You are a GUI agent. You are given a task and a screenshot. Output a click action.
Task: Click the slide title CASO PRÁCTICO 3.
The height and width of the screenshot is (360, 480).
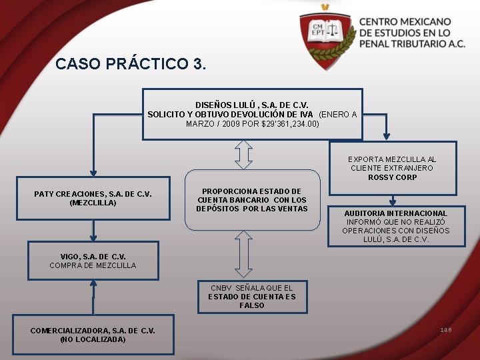[131, 64]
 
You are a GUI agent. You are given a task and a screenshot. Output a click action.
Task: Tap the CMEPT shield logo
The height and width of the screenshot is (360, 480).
[325, 33]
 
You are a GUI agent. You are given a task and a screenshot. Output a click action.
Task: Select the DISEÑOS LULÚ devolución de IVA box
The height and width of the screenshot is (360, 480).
[252, 114]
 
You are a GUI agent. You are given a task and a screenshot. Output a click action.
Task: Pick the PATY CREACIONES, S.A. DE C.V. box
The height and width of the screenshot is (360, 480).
[93, 198]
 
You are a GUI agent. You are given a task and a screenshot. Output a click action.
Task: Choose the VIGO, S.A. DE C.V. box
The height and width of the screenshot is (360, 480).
[93, 261]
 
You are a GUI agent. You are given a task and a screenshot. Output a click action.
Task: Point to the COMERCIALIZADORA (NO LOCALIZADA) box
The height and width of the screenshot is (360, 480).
[93, 335]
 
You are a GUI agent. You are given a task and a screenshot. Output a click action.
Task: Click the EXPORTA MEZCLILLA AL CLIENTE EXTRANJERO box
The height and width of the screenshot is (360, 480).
[393, 168]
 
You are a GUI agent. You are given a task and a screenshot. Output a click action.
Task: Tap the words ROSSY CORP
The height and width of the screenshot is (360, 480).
[393, 177]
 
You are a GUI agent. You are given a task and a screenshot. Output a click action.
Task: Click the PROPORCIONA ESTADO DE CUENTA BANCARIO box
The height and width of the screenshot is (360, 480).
[252, 200]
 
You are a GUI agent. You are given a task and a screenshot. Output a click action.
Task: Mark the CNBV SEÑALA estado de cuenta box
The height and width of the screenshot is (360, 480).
[251, 297]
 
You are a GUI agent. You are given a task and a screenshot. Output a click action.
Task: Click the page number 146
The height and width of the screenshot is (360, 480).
[445, 330]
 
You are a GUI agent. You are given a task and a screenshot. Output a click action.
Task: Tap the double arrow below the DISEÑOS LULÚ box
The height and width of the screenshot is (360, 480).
[245, 154]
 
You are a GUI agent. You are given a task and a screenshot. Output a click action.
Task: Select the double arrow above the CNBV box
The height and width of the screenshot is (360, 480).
[245, 254]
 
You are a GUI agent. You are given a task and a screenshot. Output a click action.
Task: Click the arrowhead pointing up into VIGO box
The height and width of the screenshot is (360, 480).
[93, 285]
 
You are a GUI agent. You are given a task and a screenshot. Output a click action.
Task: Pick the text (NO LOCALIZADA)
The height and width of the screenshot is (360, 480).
[93, 339]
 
